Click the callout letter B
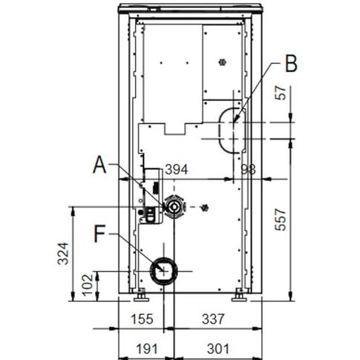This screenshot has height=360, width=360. [291, 63]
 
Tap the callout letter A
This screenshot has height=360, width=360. [100, 165]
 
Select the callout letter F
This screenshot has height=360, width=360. [99, 234]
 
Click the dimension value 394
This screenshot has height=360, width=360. [177, 170]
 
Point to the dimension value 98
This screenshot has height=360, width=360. [248, 170]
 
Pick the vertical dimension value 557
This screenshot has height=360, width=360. [281, 220]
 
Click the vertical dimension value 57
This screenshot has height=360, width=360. [281, 93]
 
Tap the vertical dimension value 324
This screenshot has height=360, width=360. [63, 254]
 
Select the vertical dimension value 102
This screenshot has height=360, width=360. [88, 285]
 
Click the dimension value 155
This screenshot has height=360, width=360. [142, 319]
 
